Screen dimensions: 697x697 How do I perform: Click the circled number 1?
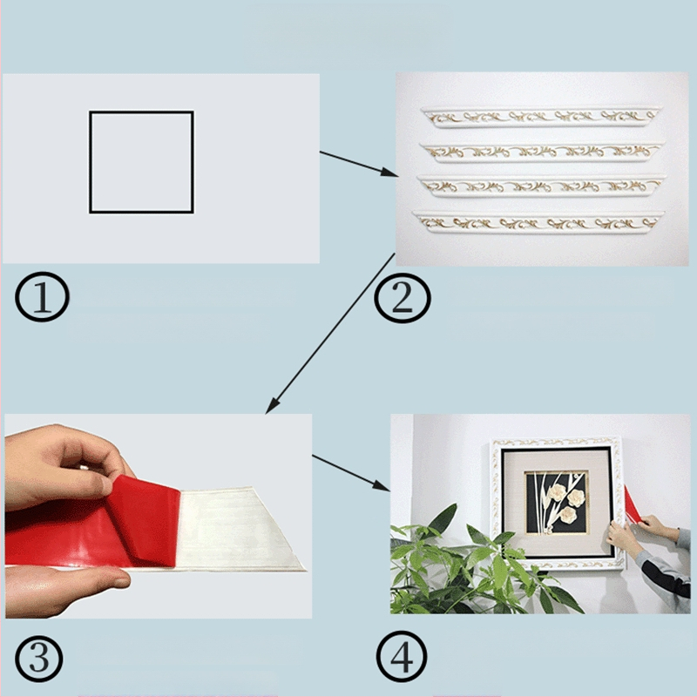(x=42, y=297)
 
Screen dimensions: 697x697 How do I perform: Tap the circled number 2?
(x=403, y=298)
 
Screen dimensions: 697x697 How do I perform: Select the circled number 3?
(x=38, y=659)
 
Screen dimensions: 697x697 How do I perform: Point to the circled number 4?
(x=402, y=657)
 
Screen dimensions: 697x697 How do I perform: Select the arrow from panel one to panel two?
(x=359, y=164)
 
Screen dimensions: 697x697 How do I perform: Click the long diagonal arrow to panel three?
(x=330, y=334)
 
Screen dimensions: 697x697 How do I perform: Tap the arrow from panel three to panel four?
(x=351, y=473)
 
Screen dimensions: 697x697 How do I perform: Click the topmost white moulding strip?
(x=540, y=118)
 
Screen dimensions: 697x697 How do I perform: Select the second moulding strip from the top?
(x=541, y=152)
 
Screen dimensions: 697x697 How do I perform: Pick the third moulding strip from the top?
(x=541, y=186)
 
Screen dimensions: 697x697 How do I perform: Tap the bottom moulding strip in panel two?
(x=538, y=222)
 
